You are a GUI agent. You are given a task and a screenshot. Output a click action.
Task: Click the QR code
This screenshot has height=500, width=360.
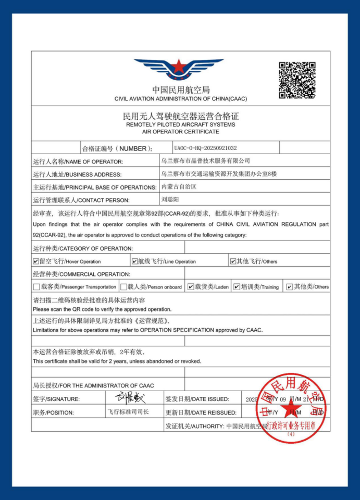tap(297, 80)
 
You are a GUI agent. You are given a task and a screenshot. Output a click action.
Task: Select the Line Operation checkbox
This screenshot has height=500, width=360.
tap(134, 261)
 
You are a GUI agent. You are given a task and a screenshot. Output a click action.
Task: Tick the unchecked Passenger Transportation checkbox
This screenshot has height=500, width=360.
tap(36, 286)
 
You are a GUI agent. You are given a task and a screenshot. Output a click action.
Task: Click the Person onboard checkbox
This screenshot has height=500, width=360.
tap(123, 286)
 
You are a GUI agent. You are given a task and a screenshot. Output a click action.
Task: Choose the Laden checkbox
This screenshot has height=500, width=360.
tap(191, 286)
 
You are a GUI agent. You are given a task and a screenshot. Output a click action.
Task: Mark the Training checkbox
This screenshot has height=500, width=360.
tap(237, 286)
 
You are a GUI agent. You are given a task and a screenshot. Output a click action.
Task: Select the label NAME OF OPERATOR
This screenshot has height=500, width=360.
tap(78, 161)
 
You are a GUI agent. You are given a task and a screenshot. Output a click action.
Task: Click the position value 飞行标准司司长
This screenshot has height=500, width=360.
tap(128, 412)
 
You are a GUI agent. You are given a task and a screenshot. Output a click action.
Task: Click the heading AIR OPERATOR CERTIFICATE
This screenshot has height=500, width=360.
tap(180, 132)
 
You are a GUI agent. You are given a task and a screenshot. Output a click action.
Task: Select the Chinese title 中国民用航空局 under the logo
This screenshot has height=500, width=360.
tap(181, 90)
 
